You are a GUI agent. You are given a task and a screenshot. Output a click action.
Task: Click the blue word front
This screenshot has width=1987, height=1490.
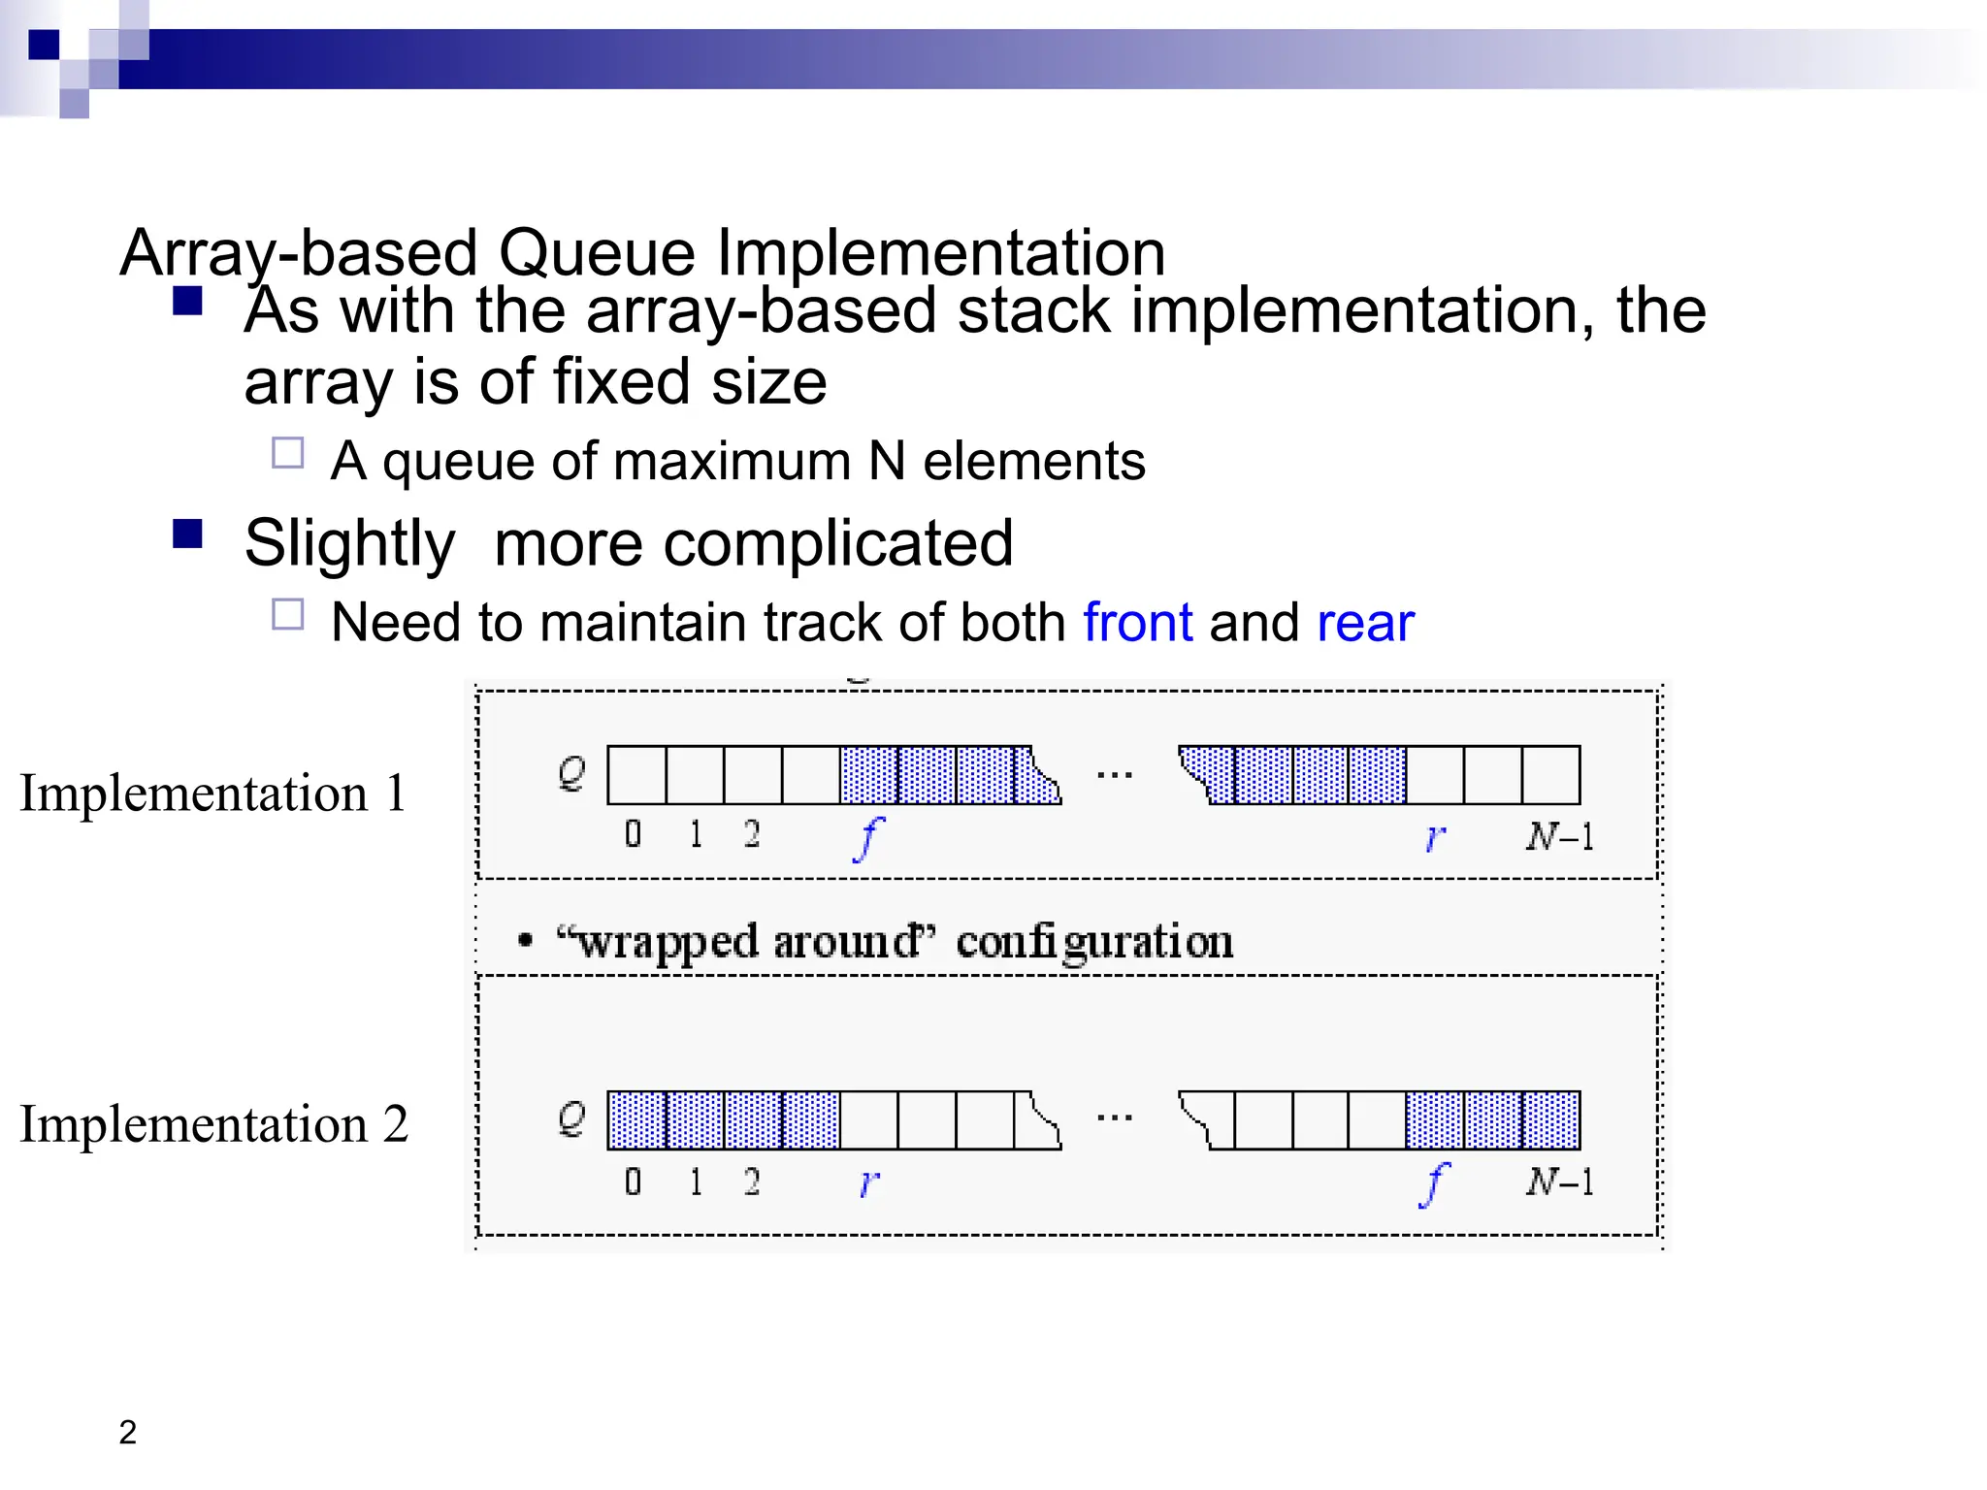[1137, 622]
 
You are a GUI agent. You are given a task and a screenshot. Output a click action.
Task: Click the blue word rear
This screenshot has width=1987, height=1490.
[1365, 624]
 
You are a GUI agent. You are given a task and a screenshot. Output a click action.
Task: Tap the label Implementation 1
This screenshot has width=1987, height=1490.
[212, 793]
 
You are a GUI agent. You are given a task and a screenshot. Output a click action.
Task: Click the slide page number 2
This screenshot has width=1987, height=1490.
[127, 1432]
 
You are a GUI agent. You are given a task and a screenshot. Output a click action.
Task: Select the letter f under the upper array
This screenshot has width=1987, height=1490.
[868, 838]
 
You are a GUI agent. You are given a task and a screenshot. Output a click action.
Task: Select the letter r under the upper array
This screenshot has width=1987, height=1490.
[1435, 836]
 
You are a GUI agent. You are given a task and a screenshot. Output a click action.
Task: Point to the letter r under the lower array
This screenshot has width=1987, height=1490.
[868, 1182]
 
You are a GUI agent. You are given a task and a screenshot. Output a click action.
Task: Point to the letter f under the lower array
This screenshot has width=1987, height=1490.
[1433, 1183]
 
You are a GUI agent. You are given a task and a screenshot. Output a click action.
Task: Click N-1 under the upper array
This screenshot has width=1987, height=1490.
[1559, 835]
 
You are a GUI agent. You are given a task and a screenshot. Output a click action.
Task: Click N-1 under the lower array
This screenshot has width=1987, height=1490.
[1559, 1181]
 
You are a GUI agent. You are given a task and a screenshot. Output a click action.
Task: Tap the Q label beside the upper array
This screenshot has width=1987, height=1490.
[571, 773]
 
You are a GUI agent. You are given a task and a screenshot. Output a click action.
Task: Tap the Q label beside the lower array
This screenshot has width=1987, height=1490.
[571, 1118]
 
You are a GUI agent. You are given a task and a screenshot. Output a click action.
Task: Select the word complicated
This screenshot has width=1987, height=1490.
[753, 542]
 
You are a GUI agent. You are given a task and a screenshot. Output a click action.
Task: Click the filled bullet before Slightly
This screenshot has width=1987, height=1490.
[187, 534]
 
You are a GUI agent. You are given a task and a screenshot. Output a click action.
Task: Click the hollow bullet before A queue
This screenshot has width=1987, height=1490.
[288, 453]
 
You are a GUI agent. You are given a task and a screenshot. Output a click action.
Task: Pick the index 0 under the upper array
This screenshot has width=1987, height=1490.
[633, 833]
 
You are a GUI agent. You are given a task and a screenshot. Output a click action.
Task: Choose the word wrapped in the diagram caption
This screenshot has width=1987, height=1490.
[668, 942]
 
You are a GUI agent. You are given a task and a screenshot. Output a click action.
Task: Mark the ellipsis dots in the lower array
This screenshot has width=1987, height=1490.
[1114, 1118]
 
